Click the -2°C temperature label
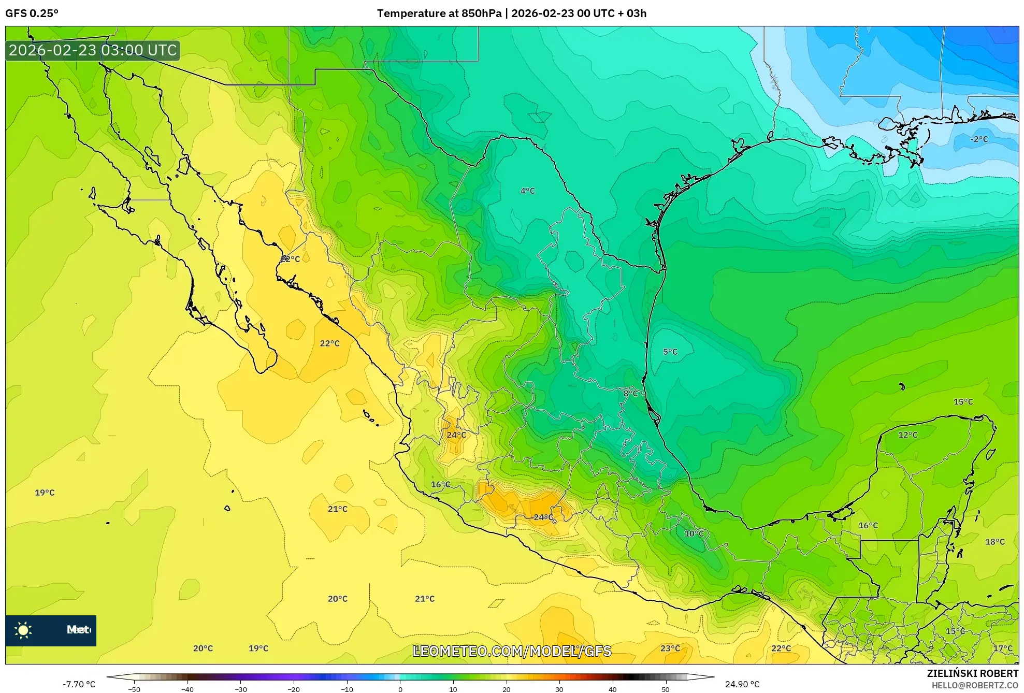point(979,139)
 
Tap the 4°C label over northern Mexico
point(527,191)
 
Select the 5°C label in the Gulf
point(670,352)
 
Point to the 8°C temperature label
point(630,394)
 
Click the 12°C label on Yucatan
point(907,435)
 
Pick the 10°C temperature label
point(694,533)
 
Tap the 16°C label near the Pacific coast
point(440,485)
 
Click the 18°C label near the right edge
point(994,542)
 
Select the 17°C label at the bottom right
point(1003,648)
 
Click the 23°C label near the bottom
point(670,648)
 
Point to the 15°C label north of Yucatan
point(963,402)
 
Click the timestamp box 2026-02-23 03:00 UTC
point(93,50)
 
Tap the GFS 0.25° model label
point(32,13)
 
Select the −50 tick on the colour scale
point(134,689)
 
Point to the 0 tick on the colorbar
point(400,689)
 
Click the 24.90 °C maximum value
point(742,684)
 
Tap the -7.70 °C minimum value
point(79,684)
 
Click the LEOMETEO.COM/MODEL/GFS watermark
point(511,651)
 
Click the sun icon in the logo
point(23,630)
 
